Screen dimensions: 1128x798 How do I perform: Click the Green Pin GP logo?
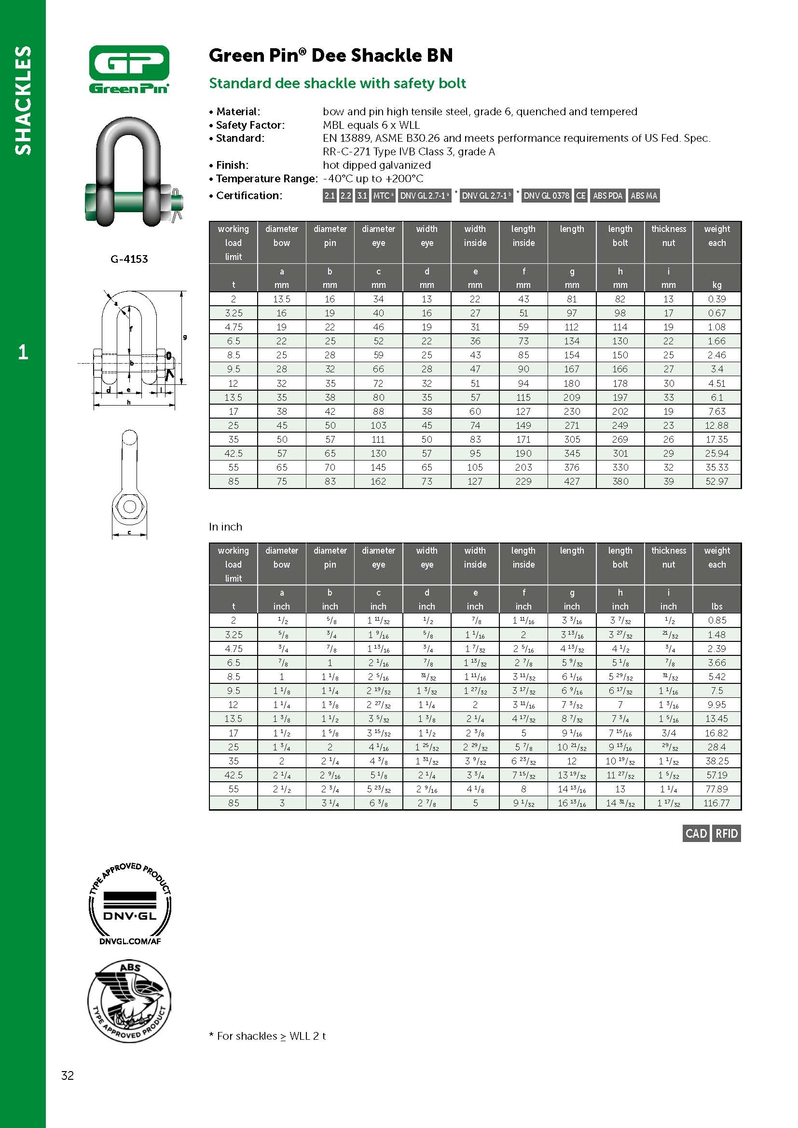(x=129, y=69)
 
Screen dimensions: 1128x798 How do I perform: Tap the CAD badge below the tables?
(x=696, y=833)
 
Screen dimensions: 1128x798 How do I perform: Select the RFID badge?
(x=727, y=833)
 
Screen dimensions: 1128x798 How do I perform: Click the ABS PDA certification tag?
(x=607, y=195)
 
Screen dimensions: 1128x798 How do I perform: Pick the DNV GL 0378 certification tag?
(x=546, y=195)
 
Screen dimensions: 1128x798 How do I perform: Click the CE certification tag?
(x=580, y=195)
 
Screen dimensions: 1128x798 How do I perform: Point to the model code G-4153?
(x=129, y=259)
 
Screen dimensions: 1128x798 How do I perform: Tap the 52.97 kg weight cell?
(x=716, y=481)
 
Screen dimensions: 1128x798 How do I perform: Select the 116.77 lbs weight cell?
(x=716, y=803)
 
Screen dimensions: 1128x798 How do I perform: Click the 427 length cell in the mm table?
(x=571, y=481)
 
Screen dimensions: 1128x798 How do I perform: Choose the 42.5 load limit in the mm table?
(x=234, y=453)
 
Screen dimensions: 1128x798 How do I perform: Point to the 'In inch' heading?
(x=225, y=527)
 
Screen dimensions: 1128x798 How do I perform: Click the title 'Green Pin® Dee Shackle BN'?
(x=330, y=55)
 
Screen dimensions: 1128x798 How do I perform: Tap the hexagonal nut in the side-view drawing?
(x=129, y=506)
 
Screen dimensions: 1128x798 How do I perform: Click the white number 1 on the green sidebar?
(x=23, y=352)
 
